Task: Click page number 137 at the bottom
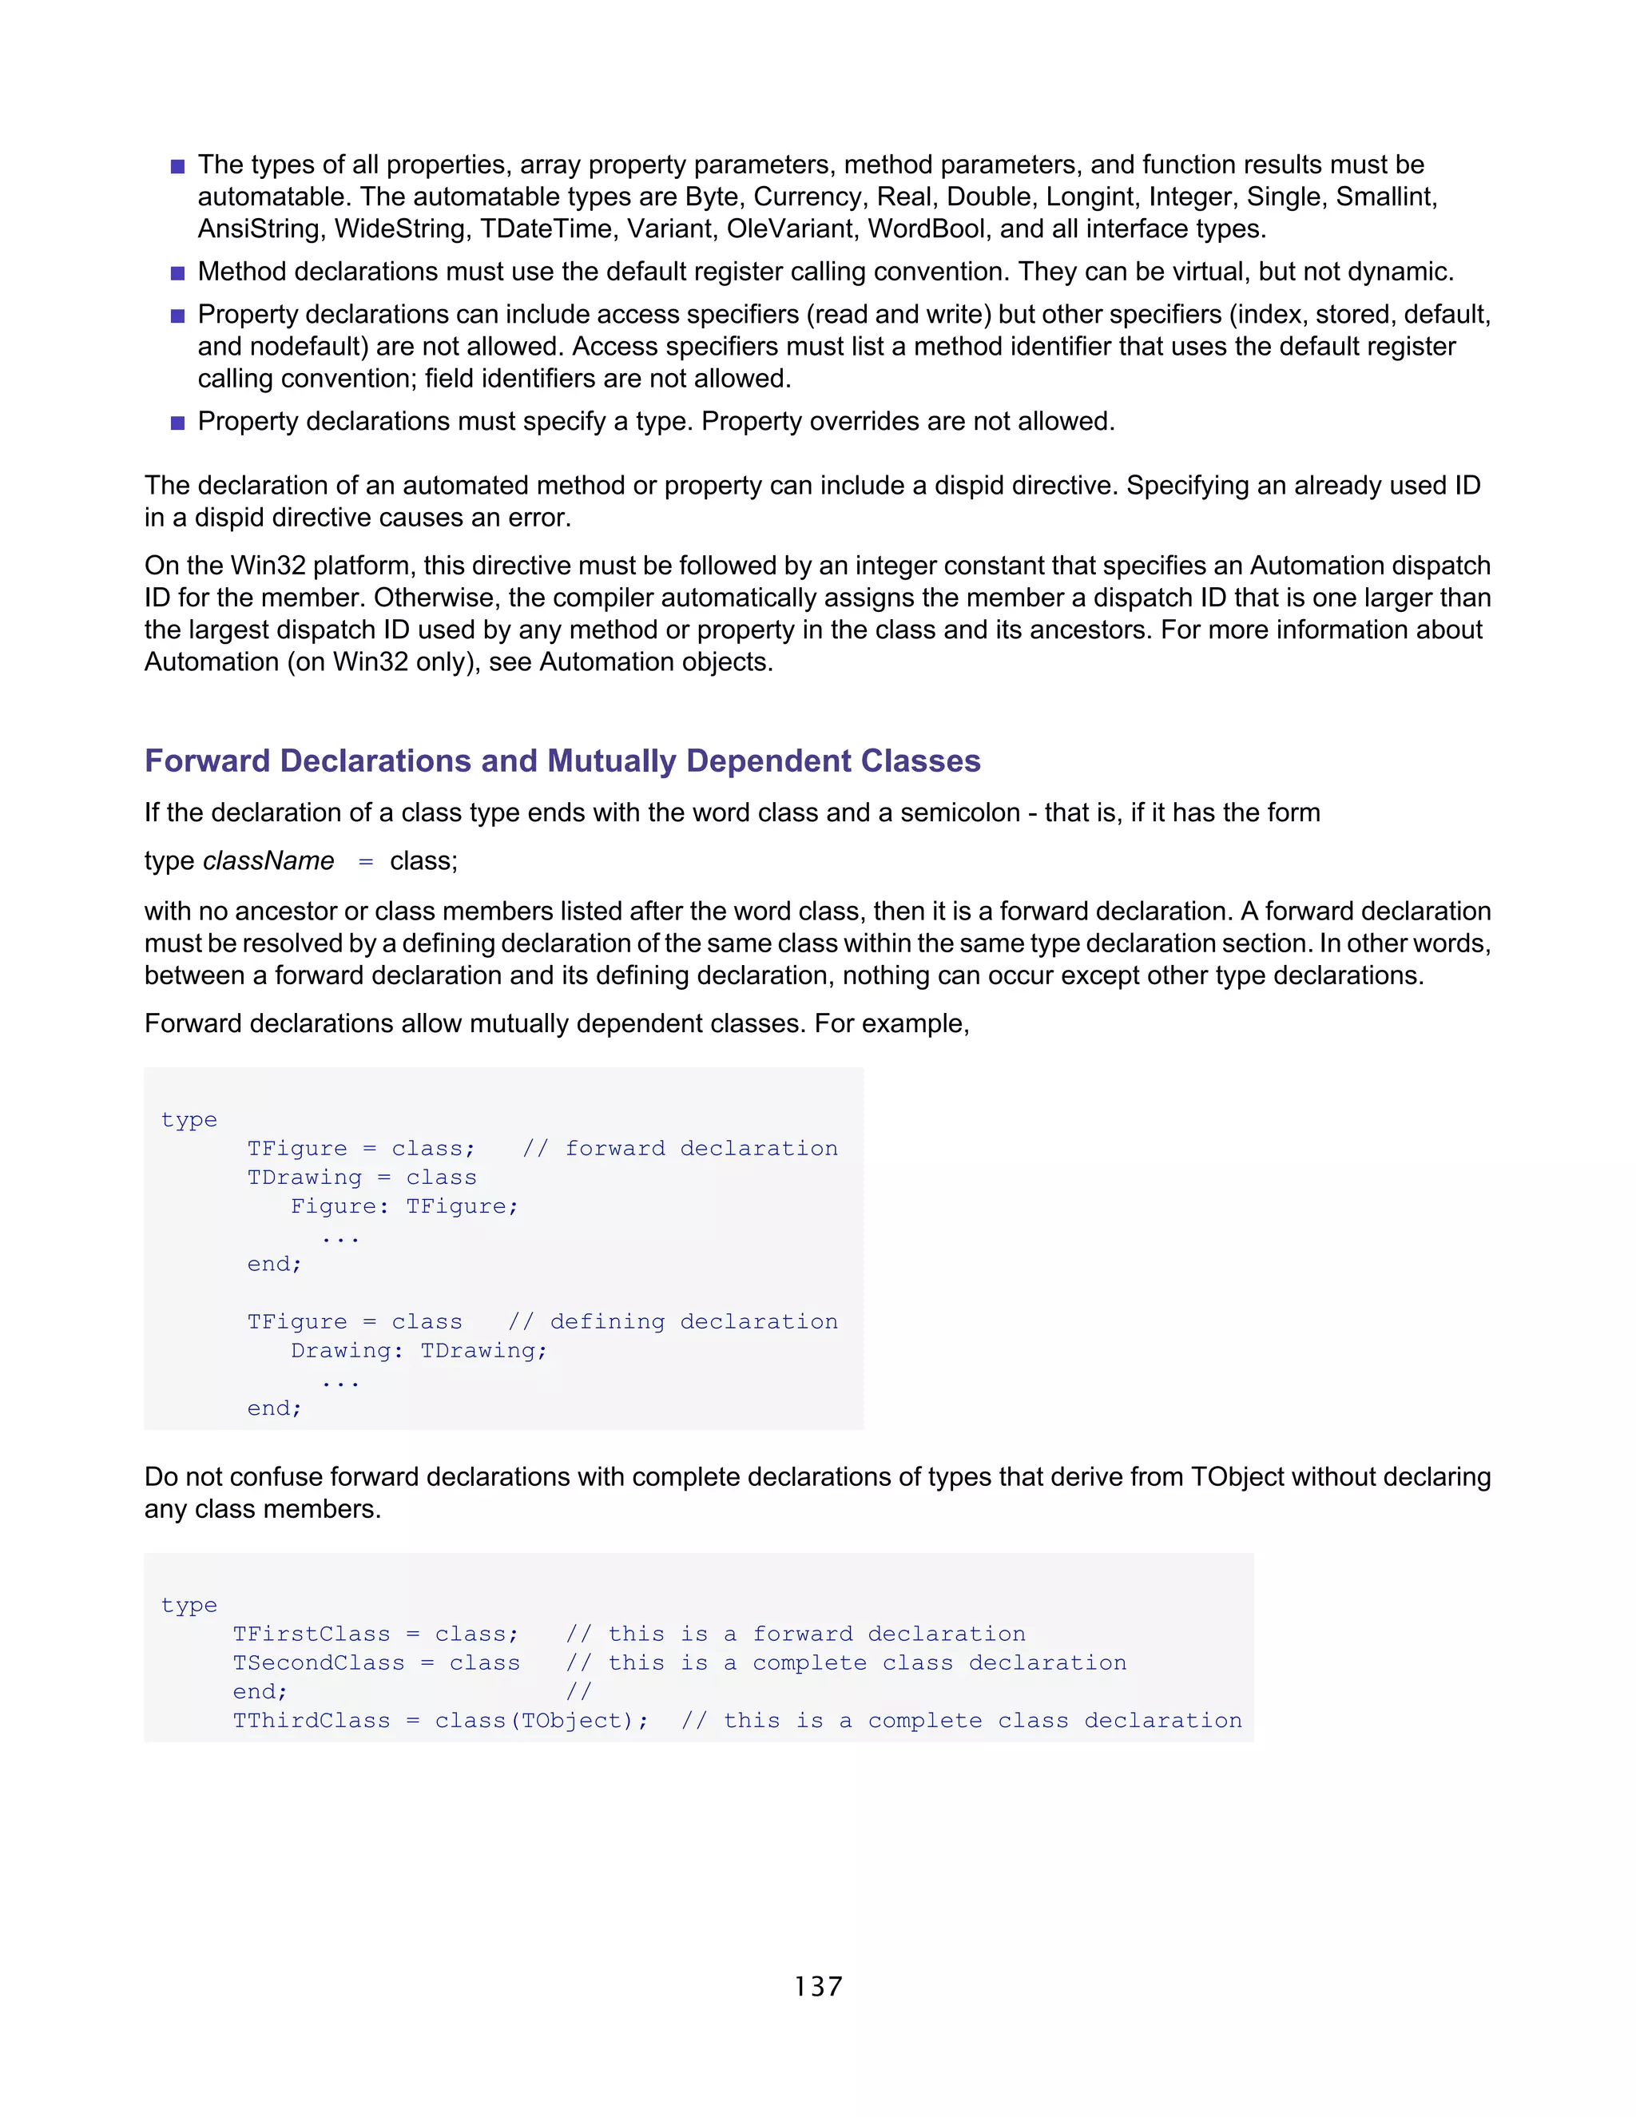818,1986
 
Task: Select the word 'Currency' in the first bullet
808,197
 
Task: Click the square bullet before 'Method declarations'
177,273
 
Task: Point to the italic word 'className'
268,860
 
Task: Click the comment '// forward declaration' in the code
680,1149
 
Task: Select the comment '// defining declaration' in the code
673,1322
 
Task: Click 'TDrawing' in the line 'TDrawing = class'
304,1178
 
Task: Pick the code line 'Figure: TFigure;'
404,1207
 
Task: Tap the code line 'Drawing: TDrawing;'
419,1351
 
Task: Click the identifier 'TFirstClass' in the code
311,1634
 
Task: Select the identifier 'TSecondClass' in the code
318,1663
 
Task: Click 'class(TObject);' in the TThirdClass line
541,1721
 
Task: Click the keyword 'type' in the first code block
189,1121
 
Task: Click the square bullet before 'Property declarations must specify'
177,423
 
